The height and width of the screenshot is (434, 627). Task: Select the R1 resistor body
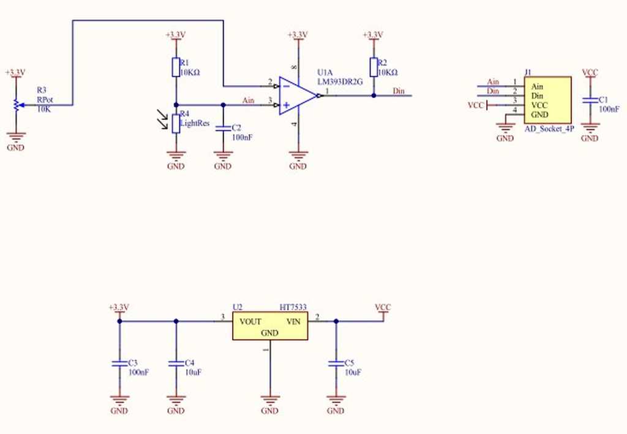pos(176,67)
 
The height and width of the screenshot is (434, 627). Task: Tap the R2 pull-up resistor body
pos(374,67)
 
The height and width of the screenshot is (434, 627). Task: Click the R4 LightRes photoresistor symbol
pos(176,123)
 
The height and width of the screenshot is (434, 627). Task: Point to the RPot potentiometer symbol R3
pos(15,105)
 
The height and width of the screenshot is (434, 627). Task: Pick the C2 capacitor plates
pos(223,128)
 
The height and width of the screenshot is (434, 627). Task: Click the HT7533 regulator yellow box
pos(269,326)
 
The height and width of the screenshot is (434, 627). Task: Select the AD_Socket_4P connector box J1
pos(547,100)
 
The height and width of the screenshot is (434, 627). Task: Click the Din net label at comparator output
pos(399,91)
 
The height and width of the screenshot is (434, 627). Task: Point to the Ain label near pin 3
pos(249,100)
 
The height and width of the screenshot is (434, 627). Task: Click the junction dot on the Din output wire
pos(374,95)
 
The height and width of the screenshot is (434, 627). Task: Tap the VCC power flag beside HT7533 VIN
pos(383,309)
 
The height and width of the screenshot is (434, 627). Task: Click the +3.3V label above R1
pos(175,35)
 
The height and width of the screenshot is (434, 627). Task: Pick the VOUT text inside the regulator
pos(250,321)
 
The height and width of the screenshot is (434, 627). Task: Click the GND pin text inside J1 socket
pos(539,114)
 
